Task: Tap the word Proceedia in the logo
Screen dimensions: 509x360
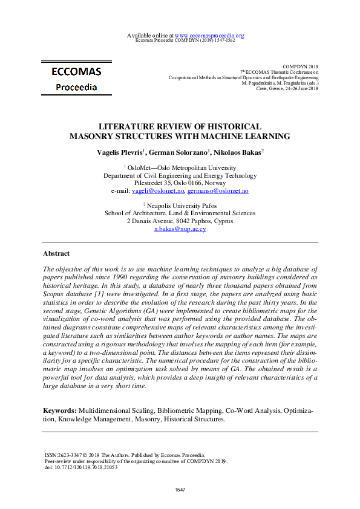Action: tap(76, 87)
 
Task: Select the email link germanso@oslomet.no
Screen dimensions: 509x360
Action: tap(218, 191)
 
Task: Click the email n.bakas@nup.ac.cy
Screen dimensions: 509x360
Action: tap(180, 229)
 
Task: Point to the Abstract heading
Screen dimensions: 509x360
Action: tap(56, 254)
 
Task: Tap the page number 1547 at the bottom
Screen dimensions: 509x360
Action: tap(180, 489)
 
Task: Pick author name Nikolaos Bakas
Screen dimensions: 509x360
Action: tap(237, 152)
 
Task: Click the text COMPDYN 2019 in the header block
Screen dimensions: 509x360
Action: tap(300, 65)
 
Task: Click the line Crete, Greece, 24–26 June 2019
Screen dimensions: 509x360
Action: tap(287, 88)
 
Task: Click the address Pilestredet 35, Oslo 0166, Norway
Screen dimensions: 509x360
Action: tap(180, 183)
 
